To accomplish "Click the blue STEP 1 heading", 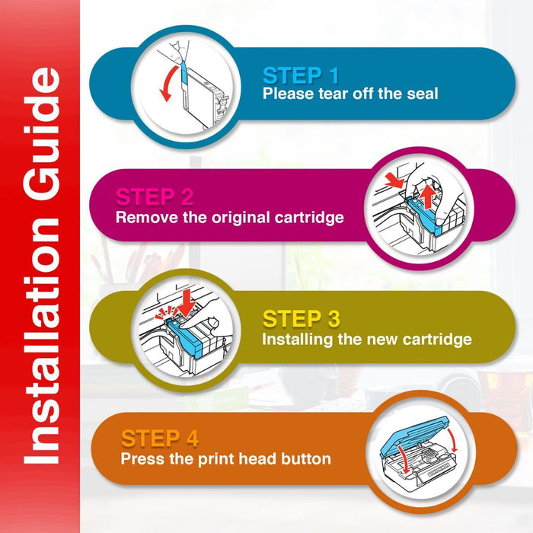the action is point(301,75).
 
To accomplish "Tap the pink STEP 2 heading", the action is point(155,196).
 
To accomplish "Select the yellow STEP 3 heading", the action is point(302,318).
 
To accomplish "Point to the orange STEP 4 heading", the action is point(159,438).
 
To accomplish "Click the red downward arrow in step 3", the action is point(186,302).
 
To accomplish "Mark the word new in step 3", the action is point(384,340).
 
